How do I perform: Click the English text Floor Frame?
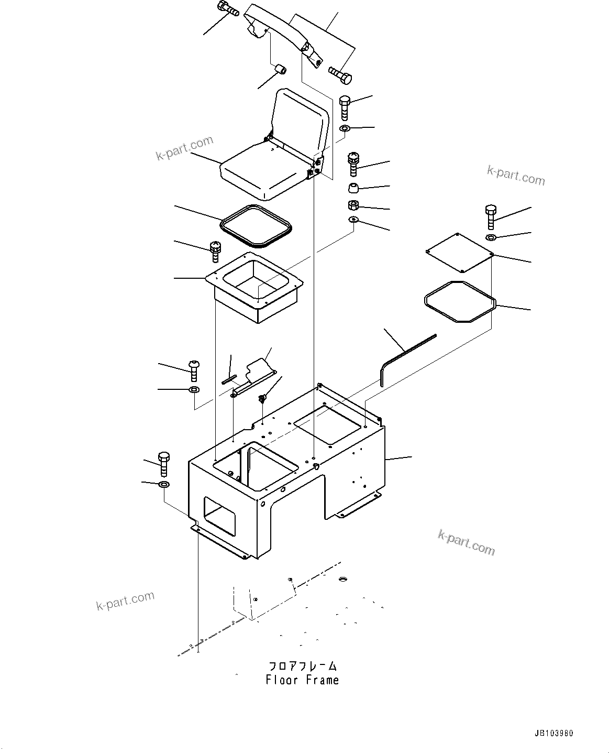302,680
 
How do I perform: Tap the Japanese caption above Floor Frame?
303,666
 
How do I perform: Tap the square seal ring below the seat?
256,225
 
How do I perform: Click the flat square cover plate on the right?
460,252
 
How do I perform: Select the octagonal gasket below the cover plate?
459,301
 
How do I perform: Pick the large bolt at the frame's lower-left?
163,463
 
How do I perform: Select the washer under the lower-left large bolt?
163,484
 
